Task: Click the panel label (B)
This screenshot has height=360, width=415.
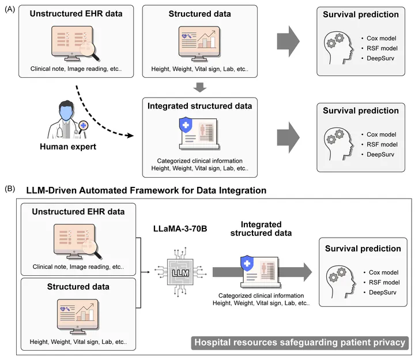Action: tap(10, 189)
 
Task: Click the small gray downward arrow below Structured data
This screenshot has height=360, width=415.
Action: tap(199, 87)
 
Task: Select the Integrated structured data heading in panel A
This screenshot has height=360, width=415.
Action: tap(199, 106)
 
